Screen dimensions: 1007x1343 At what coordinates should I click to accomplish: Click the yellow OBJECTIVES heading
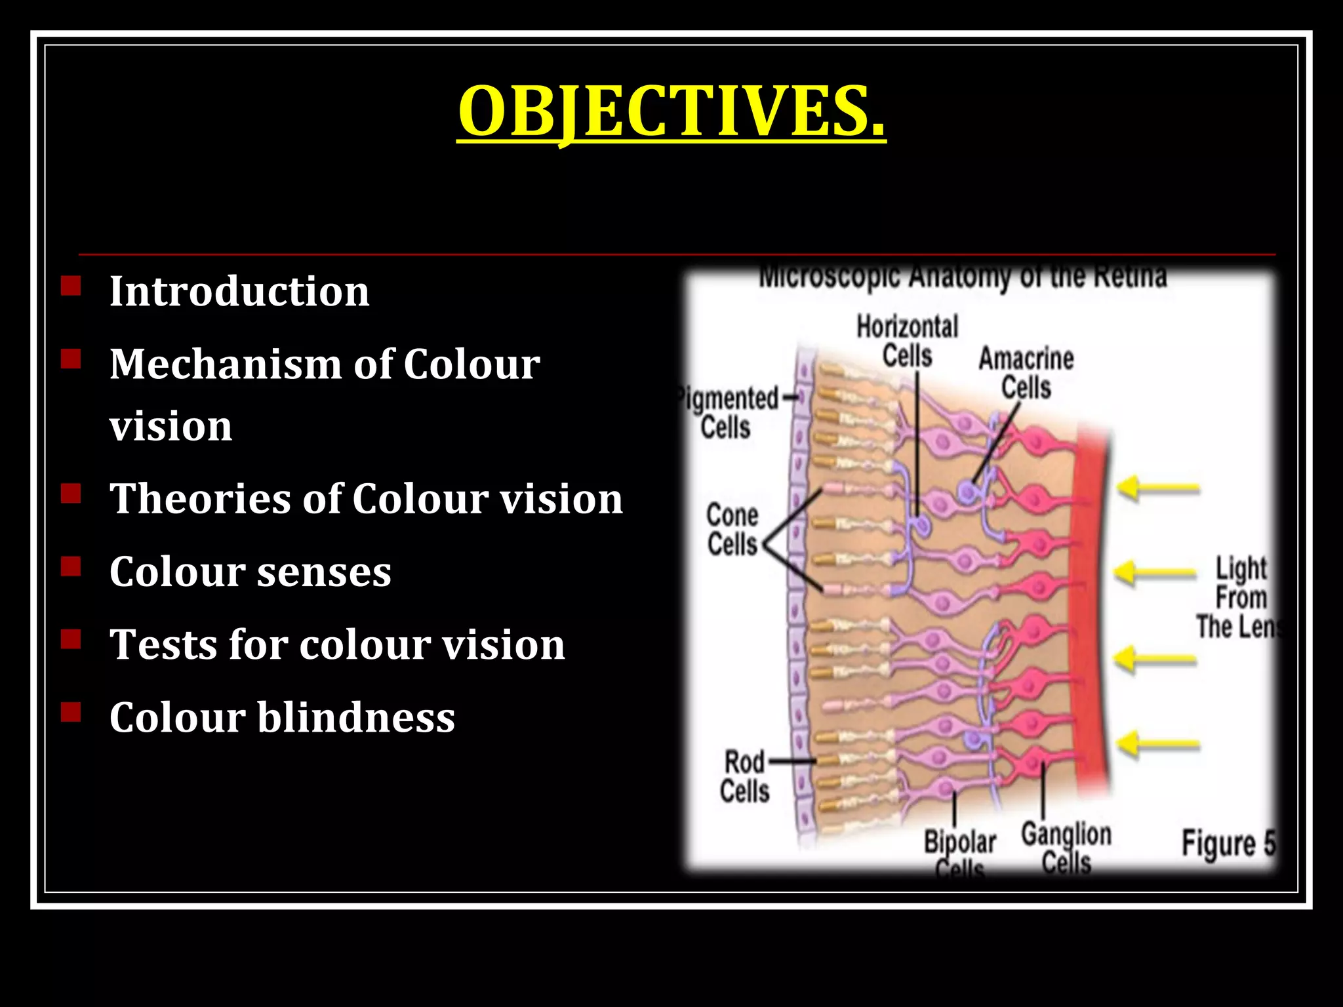(x=671, y=111)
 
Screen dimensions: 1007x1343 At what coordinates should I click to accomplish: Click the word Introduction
(x=239, y=291)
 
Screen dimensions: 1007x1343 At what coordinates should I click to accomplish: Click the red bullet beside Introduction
(x=71, y=286)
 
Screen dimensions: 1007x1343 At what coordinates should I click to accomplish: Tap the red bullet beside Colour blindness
(x=71, y=712)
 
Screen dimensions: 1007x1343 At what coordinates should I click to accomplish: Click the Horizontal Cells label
(x=907, y=342)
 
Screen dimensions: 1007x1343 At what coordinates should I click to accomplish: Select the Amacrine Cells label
(x=1026, y=372)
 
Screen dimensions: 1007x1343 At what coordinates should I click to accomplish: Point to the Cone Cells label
(x=732, y=530)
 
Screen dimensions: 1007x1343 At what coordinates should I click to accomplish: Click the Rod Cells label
(x=744, y=777)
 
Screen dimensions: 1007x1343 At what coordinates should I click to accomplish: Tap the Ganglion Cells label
(x=1066, y=848)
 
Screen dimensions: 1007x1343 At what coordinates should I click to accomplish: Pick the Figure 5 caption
(x=1228, y=844)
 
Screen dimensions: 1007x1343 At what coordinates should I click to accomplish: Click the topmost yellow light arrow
(x=1158, y=488)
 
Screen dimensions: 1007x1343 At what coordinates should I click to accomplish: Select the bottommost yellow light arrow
(x=1158, y=744)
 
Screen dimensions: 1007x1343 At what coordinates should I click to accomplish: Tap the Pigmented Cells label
(x=728, y=413)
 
